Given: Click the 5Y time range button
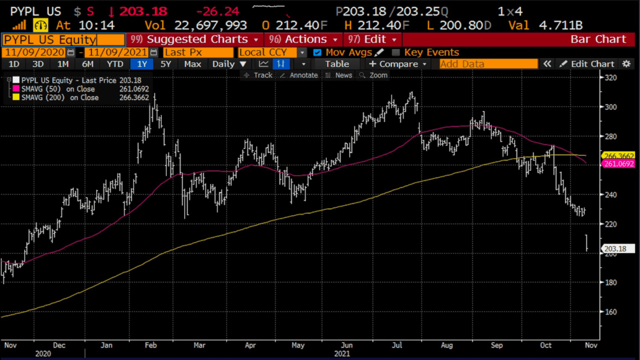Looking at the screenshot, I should click(165, 64).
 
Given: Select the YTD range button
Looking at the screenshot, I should click(115, 64).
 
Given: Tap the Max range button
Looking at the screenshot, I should click(192, 64).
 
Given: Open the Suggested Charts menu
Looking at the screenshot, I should click(196, 39).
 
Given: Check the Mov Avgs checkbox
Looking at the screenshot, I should click(317, 52).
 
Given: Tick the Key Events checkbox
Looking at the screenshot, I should click(396, 52).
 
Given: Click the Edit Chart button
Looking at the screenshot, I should click(587, 64).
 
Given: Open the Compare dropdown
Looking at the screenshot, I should click(398, 64).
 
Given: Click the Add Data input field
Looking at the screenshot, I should click(488, 64).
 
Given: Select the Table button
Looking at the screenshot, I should click(337, 64).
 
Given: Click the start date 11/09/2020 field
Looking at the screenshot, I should click(34, 52).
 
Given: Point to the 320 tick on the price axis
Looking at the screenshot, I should click(611, 77).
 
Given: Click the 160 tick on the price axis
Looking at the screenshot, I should click(611, 311).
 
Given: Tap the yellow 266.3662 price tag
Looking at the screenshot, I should click(619, 155).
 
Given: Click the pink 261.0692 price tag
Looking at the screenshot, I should click(619, 163).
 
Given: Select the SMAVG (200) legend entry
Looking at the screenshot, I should click(60, 97).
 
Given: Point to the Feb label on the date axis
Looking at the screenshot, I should click(150, 345).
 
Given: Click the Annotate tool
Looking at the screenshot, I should click(298, 75).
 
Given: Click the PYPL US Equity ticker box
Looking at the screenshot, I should click(63, 39).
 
